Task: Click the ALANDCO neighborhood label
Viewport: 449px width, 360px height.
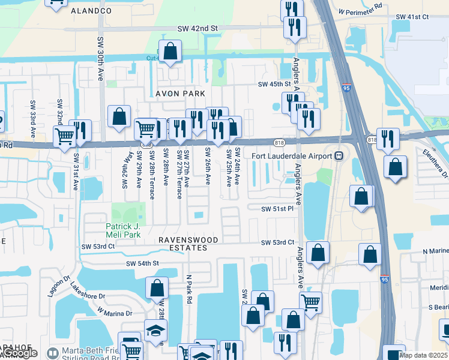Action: pyautogui.click(x=91, y=11)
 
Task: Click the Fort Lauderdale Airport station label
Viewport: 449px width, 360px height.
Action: pyautogui.click(x=292, y=156)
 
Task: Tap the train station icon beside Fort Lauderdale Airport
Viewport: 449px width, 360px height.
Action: pyautogui.click(x=339, y=156)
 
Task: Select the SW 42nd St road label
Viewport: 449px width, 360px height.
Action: pyautogui.click(x=197, y=28)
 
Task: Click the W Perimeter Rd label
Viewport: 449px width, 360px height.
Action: pyautogui.click(x=360, y=11)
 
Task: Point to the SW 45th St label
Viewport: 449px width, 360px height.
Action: pyautogui.click(x=274, y=85)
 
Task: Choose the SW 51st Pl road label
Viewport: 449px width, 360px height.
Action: pyautogui.click(x=277, y=209)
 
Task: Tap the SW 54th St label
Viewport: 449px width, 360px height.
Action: pyautogui.click(x=142, y=263)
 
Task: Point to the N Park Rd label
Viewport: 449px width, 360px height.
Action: pyautogui.click(x=188, y=296)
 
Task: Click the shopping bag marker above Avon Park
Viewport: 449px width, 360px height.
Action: pyautogui.click(x=170, y=51)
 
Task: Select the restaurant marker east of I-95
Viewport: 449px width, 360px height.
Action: pyautogui.click(x=388, y=139)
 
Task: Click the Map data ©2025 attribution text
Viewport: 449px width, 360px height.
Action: pyautogui.click(x=423, y=355)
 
